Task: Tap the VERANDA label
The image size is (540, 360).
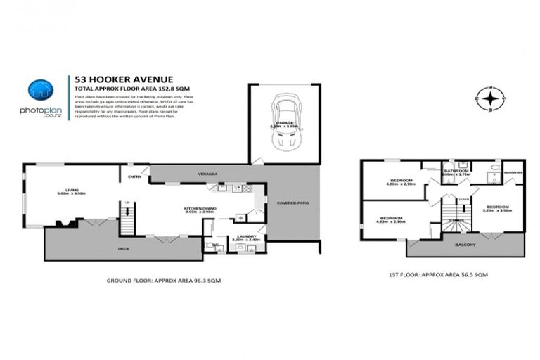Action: click(207, 173)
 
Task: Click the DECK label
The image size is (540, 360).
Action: click(124, 249)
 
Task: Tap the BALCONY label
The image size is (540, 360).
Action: click(465, 245)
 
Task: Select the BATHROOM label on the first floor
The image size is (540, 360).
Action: click(456, 170)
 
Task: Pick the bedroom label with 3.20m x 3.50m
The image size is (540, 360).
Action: click(496, 207)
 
